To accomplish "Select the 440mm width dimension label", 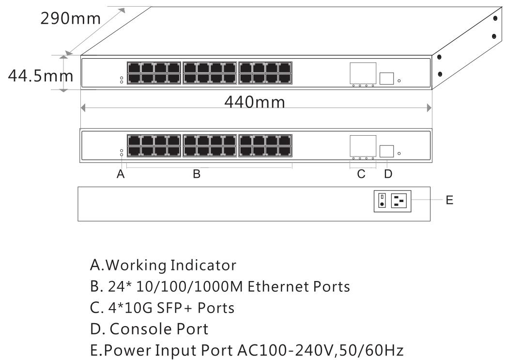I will point(255,102).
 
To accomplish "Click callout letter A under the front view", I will point(121,174).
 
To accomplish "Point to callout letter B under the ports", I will point(197,174).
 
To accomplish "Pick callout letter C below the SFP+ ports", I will point(361,174).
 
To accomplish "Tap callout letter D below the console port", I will point(387,174).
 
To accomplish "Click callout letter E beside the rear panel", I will point(449,200).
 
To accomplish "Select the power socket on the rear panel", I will point(401,201).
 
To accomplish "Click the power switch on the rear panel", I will point(382,201).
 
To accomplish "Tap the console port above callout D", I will point(387,152).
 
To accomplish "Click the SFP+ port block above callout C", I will point(363,145).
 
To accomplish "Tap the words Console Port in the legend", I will point(159,329).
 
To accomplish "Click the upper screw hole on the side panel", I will point(495,18).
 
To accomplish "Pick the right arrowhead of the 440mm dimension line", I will point(429,108).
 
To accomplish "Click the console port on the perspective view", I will point(387,78).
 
